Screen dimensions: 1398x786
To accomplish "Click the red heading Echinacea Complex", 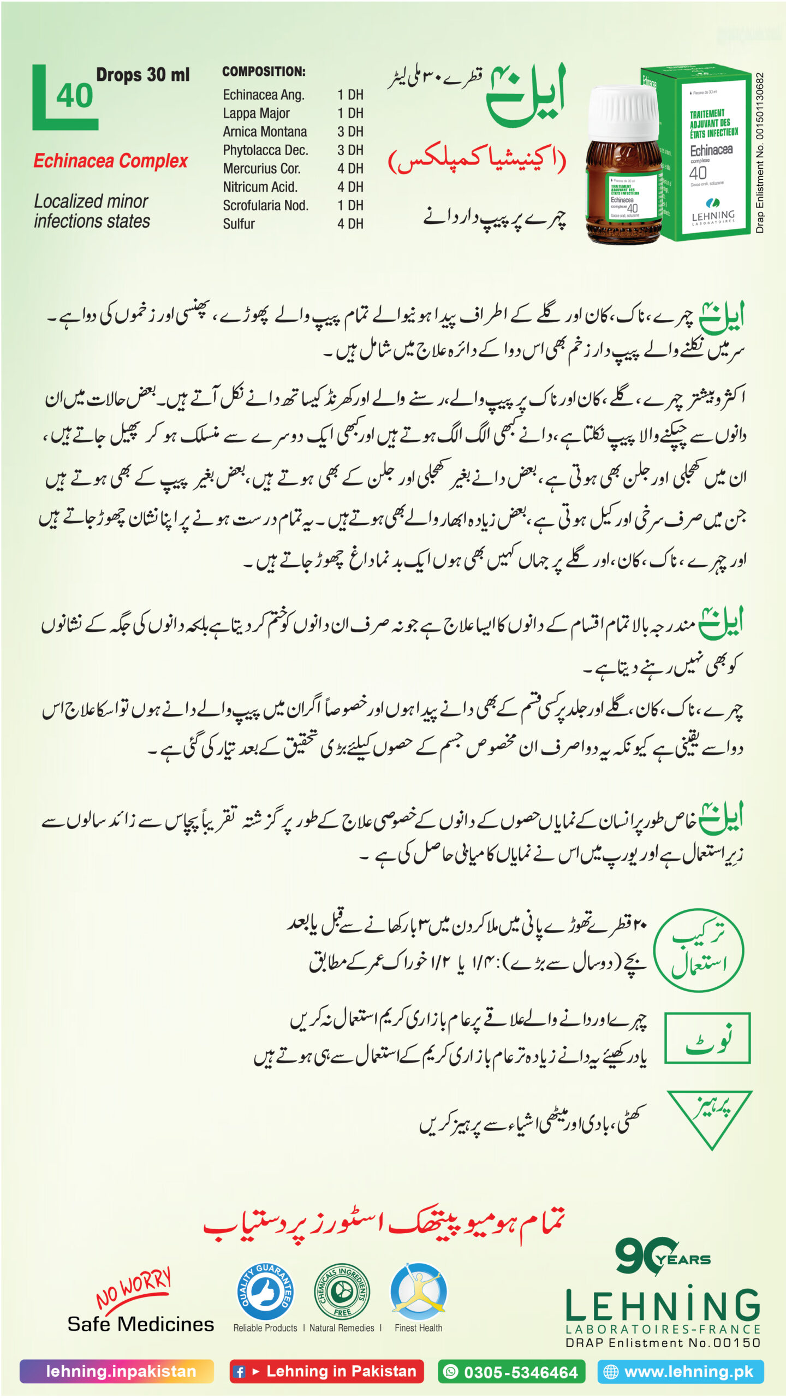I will (110, 161).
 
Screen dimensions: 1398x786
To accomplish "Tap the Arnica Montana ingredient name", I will (265, 132).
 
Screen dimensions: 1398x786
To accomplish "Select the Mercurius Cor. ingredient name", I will (261, 168).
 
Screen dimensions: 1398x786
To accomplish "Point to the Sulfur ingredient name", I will (239, 224).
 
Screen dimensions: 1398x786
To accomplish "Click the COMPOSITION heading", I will (264, 72).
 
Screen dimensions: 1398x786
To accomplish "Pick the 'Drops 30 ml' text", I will (142, 75).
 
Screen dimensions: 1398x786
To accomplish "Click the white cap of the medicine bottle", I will (623, 112).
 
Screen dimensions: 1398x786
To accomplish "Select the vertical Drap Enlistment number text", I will (760, 153).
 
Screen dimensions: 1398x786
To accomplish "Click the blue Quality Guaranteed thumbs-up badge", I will (265, 1293).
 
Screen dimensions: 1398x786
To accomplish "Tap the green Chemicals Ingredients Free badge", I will (342, 1293).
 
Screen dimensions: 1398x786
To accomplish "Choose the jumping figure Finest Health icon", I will (418, 1292).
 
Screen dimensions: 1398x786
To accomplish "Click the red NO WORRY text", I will (134, 1288).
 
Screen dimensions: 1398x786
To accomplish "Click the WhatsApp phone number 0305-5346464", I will (511, 1371).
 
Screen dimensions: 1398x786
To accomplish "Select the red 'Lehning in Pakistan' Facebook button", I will (326, 1371).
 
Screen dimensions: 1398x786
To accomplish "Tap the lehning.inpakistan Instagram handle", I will (117, 1371).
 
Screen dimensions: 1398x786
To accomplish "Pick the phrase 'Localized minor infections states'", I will (92, 211).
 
